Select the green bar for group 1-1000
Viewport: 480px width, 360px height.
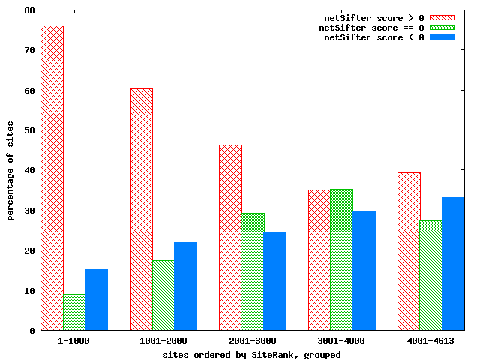click(x=73, y=312)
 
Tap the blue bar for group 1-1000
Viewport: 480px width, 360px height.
click(x=96, y=299)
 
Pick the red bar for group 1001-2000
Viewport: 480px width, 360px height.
click(x=141, y=209)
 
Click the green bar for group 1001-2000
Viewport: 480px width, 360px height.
click(x=163, y=295)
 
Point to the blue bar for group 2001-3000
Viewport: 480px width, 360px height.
click(x=274, y=281)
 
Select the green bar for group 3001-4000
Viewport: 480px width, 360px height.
click(x=341, y=259)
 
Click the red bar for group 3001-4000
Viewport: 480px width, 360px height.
click(x=319, y=260)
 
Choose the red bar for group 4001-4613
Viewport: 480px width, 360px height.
click(x=409, y=251)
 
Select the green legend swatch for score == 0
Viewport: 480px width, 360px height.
click(x=442, y=28)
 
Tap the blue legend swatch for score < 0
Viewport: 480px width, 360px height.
click(x=442, y=37)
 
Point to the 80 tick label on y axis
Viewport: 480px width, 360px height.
click(x=29, y=10)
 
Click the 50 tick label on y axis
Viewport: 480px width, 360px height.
click(x=29, y=130)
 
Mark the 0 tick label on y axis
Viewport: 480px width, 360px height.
click(x=31, y=331)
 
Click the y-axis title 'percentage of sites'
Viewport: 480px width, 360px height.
click(x=11, y=170)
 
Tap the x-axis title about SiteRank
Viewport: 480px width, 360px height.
click(x=252, y=354)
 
